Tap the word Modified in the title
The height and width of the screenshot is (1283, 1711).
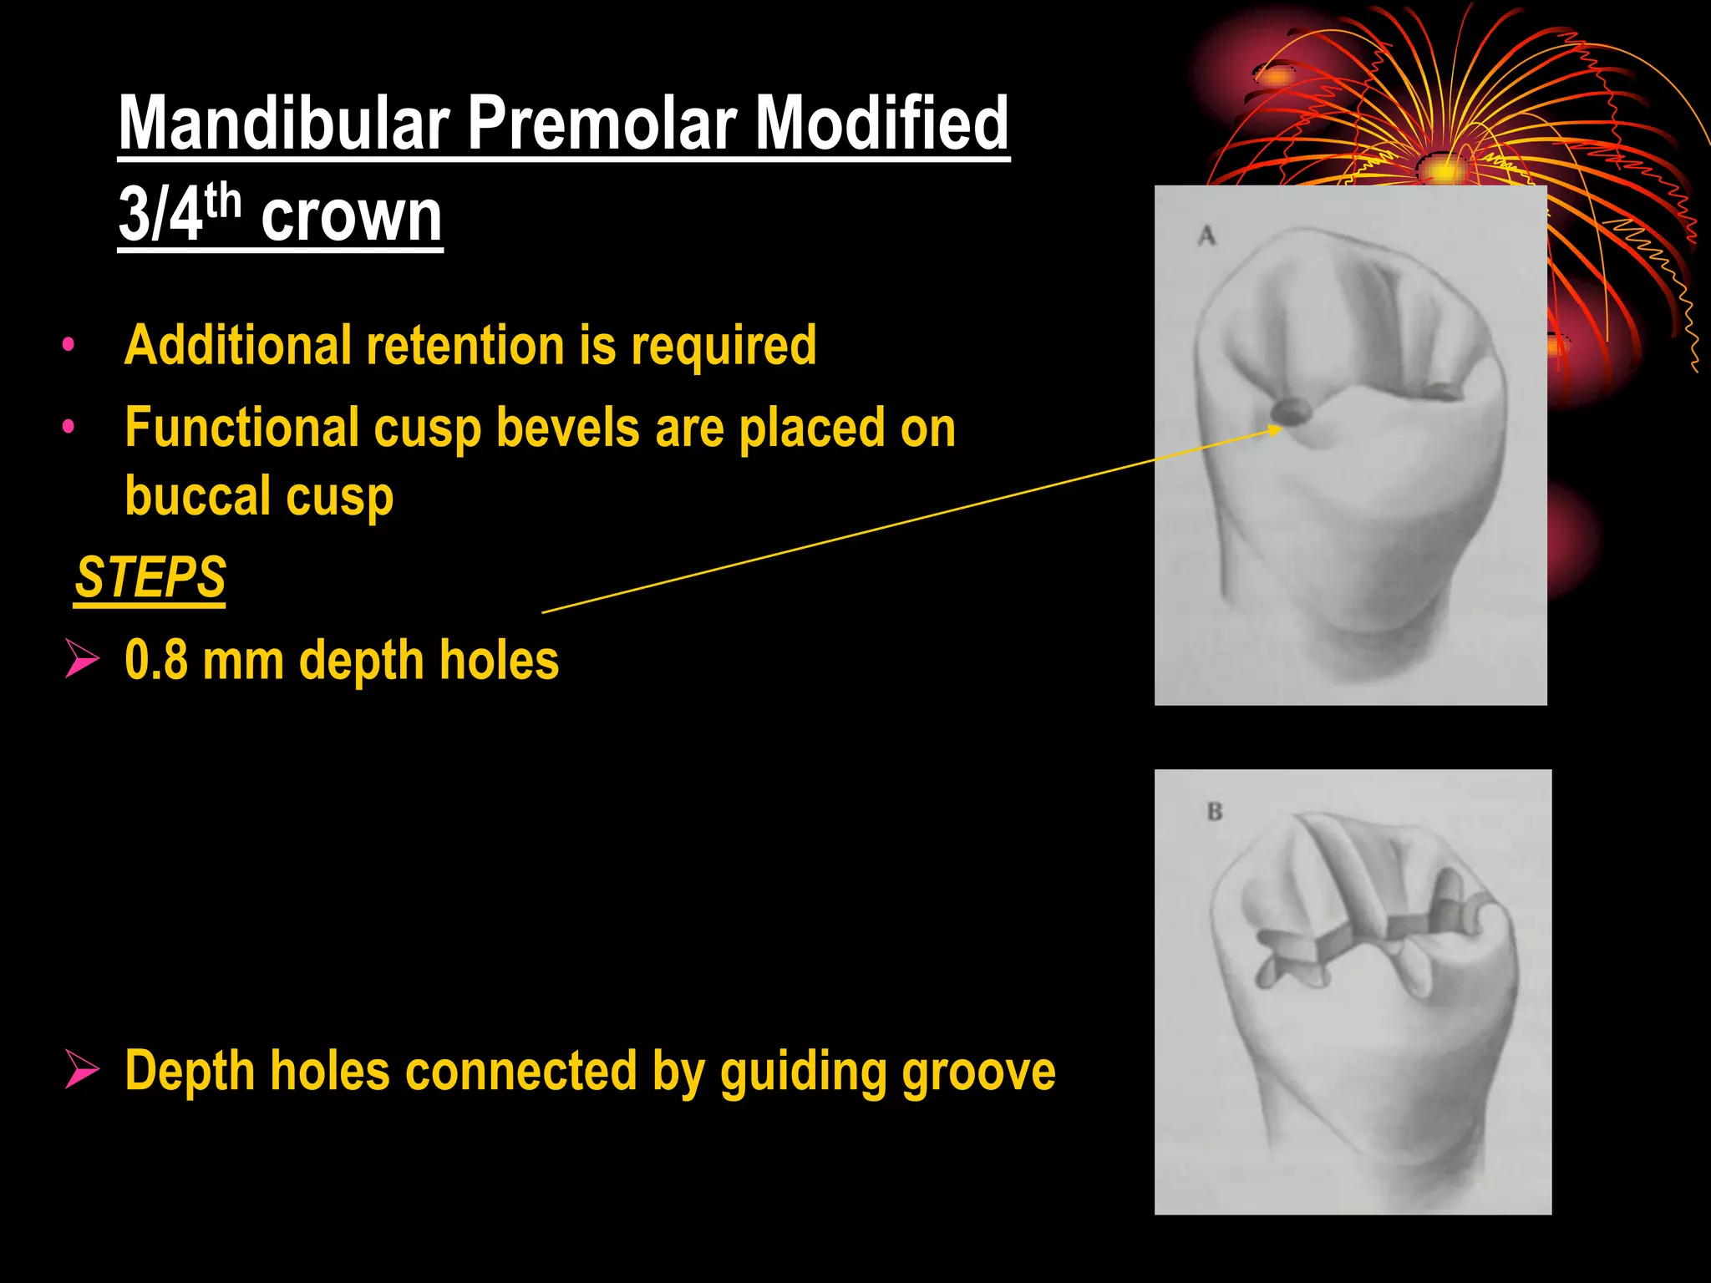[881, 124]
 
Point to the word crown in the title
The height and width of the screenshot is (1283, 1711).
[352, 217]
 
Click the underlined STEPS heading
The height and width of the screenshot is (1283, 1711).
[150, 577]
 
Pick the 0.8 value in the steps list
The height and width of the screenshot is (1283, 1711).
[156, 661]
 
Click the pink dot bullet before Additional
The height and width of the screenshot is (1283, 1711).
[69, 344]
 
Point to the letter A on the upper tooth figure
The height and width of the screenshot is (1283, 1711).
[1206, 236]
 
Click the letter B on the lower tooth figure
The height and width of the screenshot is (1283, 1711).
[1215, 811]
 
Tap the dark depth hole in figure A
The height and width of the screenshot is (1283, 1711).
[1291, 410]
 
